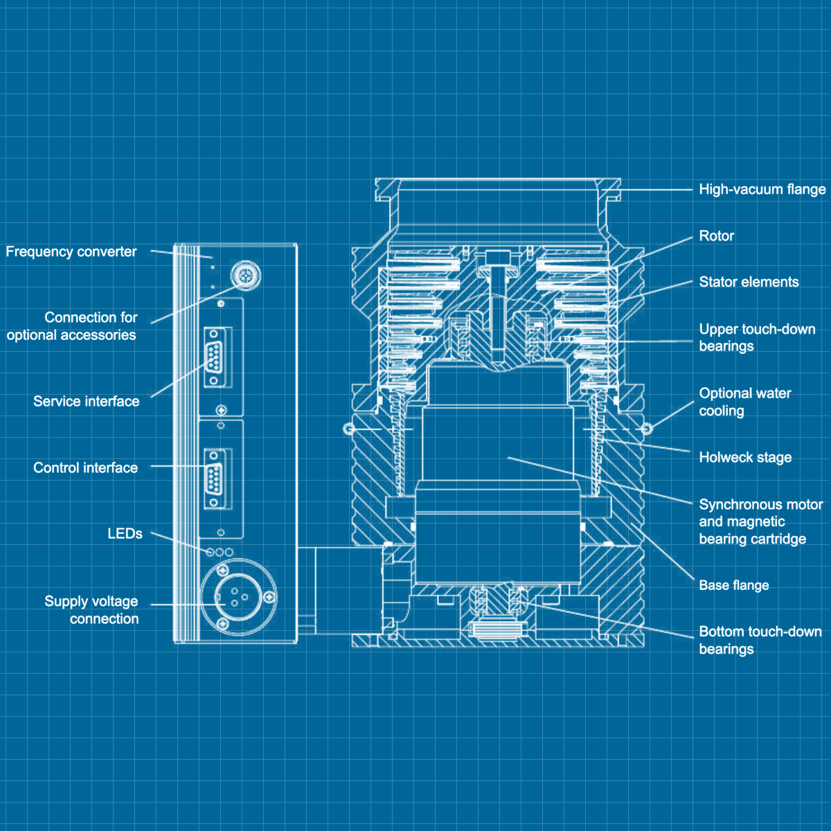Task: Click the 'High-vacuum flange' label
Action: pyautogui.click(x=762, y=189)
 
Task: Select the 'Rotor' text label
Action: pyautogui.click(x=716, y=235)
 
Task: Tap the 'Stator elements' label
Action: pyautogui.click(x=749, y=282)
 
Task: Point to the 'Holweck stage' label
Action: pyautogui.click(x=745, y=457)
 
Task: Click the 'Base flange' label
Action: pyautogui.click(x=733, y=585)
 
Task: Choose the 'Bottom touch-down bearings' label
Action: pyautogui.click(x=760, y=640)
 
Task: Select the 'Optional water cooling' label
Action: pyautogui.click(x=744, y=402)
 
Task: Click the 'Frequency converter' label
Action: pyautogui.click(x=71, y=251)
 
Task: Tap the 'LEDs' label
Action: pyautogui.click(x=125, y=533)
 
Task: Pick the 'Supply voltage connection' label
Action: pyautogui.click(x=91, y=609)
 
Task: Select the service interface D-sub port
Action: pyautogui.click(x=215, y=358)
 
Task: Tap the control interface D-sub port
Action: pyautogui.click(x=215, y=479)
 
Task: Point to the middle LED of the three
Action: pyautogui.click(x=220, y=552)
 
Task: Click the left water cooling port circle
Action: pyautogui.click(x=348, y=429)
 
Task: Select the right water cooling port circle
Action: pyautogui.click(x=647, y=429)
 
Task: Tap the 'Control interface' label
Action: pyautogui.click(x=85, y=467)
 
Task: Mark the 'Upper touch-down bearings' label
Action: pyautogui.click(x=756, y=337)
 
